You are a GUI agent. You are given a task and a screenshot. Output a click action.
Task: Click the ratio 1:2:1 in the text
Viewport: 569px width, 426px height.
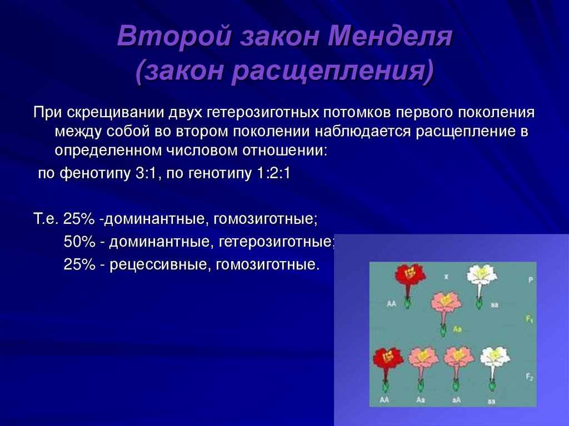coord(273,173)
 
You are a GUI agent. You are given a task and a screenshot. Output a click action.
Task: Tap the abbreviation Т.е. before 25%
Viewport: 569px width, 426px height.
coord(46,218)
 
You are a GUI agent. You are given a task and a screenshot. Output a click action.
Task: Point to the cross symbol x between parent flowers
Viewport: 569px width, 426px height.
coord(446,276)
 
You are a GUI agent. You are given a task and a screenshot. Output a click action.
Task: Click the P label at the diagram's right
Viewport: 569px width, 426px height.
coord(530,281)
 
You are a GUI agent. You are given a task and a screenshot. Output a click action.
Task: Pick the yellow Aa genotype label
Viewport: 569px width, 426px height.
coord(458,329)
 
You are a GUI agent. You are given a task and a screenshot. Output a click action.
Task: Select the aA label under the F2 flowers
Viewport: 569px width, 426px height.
coord(456,399)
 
